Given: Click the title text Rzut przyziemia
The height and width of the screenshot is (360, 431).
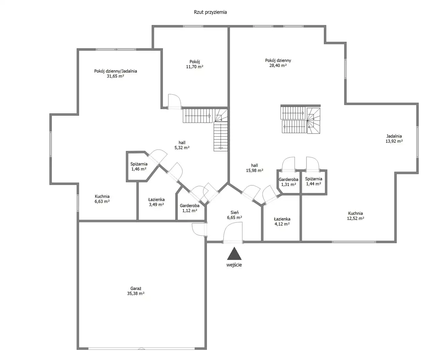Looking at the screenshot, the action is pyautogui.click(x=210, y=12).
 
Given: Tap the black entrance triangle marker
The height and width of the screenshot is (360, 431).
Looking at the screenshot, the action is pyautogui.click(x=234, y=254).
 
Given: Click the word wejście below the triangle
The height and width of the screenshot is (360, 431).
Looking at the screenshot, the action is pyautogui.click(x=234, y=265).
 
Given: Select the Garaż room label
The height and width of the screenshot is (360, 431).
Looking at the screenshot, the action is pyautogui.click(x=136, y=288).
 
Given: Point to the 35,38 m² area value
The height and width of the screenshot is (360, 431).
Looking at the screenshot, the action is pyautogui.click(x=136, y=293).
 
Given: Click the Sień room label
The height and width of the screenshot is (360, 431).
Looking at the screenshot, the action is pyautogui.click(x=234, y=213).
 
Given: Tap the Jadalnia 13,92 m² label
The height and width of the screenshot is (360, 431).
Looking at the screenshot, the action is pyautogui.click(x=394, y=139).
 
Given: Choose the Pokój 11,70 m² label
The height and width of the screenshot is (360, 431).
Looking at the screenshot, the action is pyautogui.click(x=195, y=64).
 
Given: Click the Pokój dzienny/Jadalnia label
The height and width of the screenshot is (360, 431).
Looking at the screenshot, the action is pyautogui.click(x=115, y=71).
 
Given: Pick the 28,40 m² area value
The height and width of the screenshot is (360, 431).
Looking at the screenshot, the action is pyautogui.click(x=278, y=65).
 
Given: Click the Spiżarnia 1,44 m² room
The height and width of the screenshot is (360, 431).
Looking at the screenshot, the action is pyautogui.click(x=313, y=181).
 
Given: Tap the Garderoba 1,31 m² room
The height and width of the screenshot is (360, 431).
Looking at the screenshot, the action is pyautogui.click(x=288, y=182).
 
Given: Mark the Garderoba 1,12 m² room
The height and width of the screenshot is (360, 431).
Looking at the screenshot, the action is pyautogui.click(x=190, y=208).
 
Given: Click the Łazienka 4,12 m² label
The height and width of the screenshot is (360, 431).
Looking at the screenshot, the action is pyautogui.click(x=282, y=221).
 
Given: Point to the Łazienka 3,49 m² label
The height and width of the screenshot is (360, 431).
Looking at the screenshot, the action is pyautogui.click(x=157, y=202).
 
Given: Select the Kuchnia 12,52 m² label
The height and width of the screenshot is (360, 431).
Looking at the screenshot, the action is pyautogui.click(x=356, y=216).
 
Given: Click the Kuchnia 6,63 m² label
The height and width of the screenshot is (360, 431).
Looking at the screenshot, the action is pyautogui.click(x=102, y=199).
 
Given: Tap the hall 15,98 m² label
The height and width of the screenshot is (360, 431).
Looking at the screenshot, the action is pyautogui.click(x=255, y=168).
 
